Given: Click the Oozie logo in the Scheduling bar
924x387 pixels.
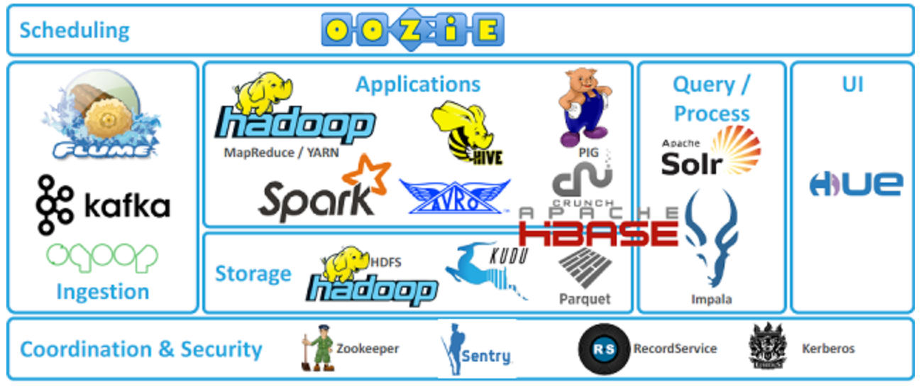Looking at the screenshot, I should pyautogui.click(x=413, y=30).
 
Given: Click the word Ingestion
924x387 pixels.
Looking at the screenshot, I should pyautogui.click(x=103, y=291).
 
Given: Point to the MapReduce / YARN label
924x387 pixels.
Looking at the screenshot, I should pyautogui.click(x=281, y=152).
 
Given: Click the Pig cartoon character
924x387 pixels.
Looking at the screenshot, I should pyautogui.click(x=585, y=107).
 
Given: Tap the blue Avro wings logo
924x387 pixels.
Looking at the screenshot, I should pyautogui.click(x=454, y=197).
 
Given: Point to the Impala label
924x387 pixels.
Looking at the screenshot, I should pyautogui.click(x=711, y=299).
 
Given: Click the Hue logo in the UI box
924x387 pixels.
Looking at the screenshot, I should pyautogui.click(x=856, y=185).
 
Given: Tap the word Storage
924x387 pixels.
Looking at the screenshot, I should pyautogui.click(x=253, y=274).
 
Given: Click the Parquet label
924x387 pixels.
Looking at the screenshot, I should pyautogui.click(x=584, y=298).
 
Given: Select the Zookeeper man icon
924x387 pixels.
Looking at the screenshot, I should pyautogui.click(x=319, y=348).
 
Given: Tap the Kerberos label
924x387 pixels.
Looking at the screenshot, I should pyautogui.click(x=827, y=349).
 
